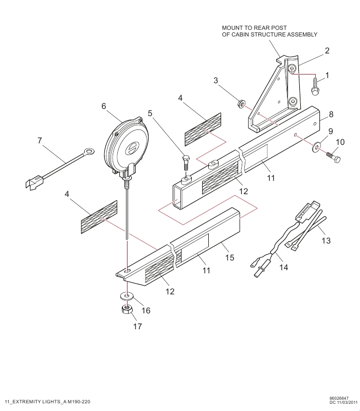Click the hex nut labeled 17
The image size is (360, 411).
(127, 309)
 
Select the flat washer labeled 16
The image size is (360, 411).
(127, 296)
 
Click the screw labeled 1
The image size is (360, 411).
(315, 87)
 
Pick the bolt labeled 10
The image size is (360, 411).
(333, 157)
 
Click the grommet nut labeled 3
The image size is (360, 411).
(240, 104)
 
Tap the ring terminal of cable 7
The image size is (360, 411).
(89, 151)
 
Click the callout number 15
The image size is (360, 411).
(229, 257)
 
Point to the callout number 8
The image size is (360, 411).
(331, 114)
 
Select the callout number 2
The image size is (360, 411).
(327, 50)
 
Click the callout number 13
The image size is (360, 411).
(326, 240)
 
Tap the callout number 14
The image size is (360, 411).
(284, 267)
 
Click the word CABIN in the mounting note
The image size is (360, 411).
(240, 34)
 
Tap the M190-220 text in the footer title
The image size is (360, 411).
(79, 402)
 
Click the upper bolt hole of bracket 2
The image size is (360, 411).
(292, 69)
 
